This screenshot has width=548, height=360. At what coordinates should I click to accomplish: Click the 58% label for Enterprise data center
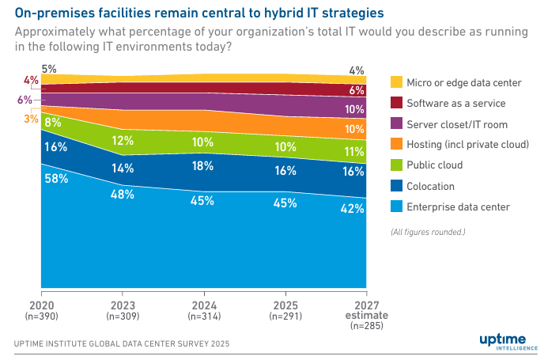(x=55, y=179)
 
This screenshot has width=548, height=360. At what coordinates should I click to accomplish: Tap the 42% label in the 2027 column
(x=353, y=209)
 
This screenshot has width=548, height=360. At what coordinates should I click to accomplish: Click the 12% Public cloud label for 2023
(x=123, y=141)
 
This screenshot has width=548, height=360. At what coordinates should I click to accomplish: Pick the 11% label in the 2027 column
(x=353, y=152)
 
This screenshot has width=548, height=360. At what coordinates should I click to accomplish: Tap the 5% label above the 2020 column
(x=49, y=70)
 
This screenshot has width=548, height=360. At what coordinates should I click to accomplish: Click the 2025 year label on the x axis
(x=284, y=305)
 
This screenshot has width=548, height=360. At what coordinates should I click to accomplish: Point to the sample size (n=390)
(x=41, y=316)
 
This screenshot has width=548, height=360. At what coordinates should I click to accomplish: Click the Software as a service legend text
(x=455, y=103)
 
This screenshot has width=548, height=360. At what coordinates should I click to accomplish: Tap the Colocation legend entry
(x=430, y=186)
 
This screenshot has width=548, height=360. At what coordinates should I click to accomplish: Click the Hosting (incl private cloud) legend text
(x=467, y=145)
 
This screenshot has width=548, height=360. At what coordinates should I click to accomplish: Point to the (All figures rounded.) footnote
(x=428, y=232)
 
